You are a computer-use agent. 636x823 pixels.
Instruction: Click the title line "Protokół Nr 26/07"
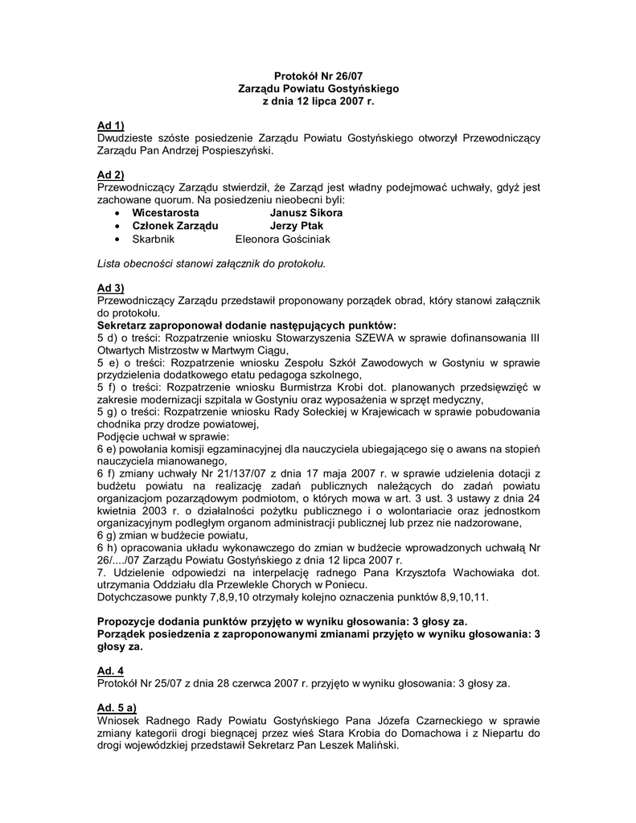coord(318,76)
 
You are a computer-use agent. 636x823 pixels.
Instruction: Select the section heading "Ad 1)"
coord(110,125)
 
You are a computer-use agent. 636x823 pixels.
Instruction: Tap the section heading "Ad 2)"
coord(110,175)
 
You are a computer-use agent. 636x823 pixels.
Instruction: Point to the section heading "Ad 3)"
coord(110,288)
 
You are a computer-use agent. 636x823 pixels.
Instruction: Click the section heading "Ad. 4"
coord(110,670)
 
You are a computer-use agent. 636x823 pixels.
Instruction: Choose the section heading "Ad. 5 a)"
coord(117,708)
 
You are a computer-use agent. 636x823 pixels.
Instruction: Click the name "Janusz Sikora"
coord(306,213)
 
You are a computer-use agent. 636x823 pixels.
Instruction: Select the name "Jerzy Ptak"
coord(297,226)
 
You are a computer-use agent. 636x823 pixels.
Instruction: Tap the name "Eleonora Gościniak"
coord(282,239)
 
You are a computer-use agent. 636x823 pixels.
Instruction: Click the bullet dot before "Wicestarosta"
coord(117,213)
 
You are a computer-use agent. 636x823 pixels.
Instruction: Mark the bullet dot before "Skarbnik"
coord(117,239)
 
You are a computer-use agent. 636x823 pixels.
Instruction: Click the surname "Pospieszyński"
coord(239,150)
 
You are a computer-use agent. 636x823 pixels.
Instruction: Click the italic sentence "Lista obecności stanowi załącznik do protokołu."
coord(211,263)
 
